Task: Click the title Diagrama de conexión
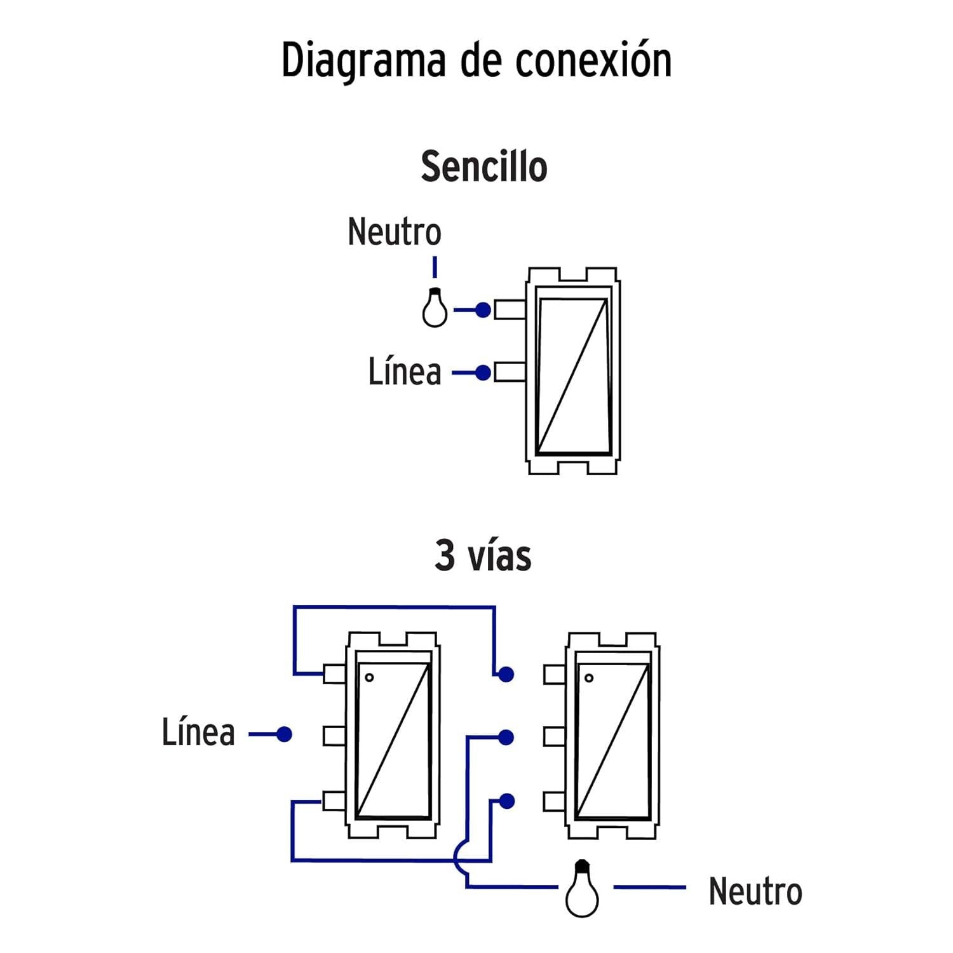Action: [x=476, y=60]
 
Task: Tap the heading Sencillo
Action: [x=484, y=166]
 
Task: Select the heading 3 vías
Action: [x=483, y=555]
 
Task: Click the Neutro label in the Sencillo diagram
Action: [x=395, y=231]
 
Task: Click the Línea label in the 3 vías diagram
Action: [x=198, y=732]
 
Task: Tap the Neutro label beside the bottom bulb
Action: [x=755, y=891]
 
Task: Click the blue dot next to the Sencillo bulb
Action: [x=483, y=310]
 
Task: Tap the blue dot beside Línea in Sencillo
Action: [x=483, y=372]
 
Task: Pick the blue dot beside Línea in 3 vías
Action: [x=284, y=734]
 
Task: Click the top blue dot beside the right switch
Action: [x=506, y=674]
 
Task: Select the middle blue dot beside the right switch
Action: [x=506, y=737]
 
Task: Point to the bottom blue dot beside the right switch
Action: [x=506, y=801]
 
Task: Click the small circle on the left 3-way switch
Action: [x=369, y=678]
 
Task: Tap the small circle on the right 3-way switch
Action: [x=589, y=678]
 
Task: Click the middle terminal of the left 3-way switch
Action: [x=335, y=736]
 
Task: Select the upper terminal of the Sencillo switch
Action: [x=510, y=310]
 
